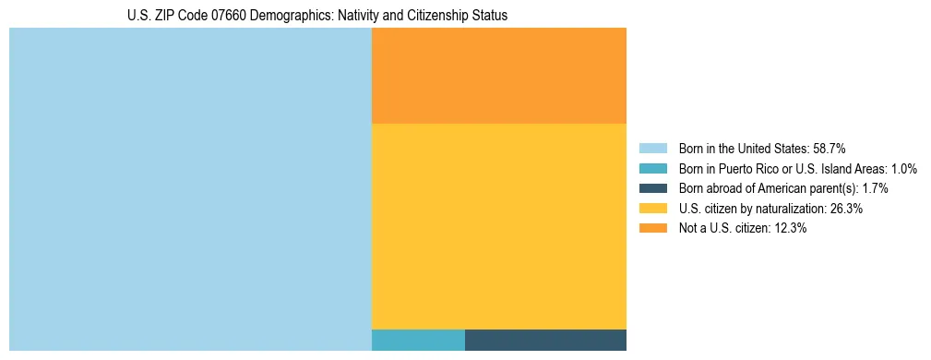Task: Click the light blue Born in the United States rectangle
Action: click(190, 189)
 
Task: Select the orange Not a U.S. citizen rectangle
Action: click(498, 76)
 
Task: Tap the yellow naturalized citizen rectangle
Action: click(498, 226)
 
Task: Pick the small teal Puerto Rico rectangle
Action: click(418, 340)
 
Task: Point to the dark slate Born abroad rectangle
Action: click(545, 340)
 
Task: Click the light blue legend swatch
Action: click(652, 149)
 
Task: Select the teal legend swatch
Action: click(652, 169)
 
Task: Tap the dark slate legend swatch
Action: click(652, 188)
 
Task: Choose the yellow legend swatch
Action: click(652, 209)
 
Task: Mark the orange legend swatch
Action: click(652, 229)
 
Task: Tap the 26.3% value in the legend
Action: click(845, 209)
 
